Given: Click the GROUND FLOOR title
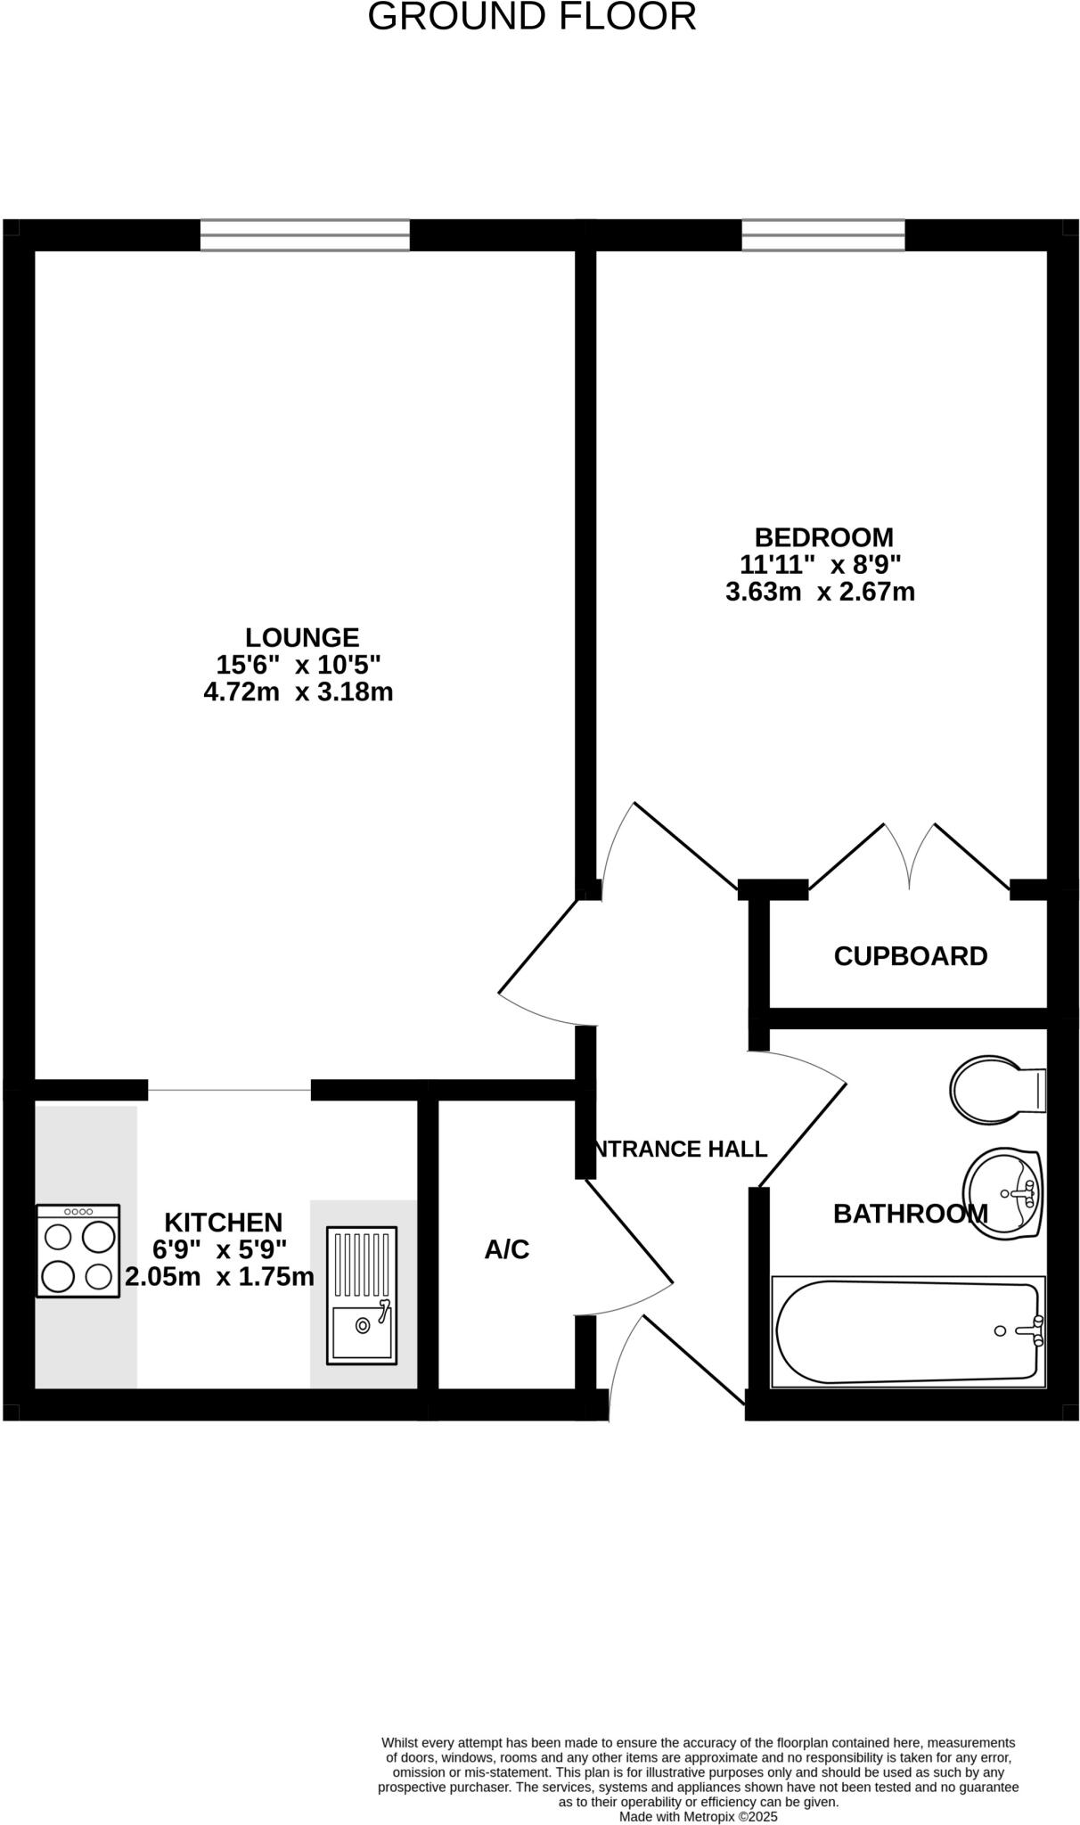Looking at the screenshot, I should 532,18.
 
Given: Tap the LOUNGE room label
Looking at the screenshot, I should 302,637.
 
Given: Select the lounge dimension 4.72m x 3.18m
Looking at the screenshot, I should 299,692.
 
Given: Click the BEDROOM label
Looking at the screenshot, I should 823,537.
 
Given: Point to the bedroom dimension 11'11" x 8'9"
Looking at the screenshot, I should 821,564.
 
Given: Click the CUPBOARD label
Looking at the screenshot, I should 910,956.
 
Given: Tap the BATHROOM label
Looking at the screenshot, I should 910,1214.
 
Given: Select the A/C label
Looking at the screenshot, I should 507,1250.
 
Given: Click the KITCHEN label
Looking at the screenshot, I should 224,1222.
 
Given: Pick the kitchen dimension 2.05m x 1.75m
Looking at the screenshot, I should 219,1277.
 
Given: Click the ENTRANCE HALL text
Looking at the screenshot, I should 680,1150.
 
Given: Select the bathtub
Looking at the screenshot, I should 907,1331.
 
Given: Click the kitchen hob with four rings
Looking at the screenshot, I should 78,1251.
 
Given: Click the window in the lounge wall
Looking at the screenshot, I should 305,235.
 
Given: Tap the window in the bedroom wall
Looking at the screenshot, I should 823,235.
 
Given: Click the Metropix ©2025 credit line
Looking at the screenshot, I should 698,1816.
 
